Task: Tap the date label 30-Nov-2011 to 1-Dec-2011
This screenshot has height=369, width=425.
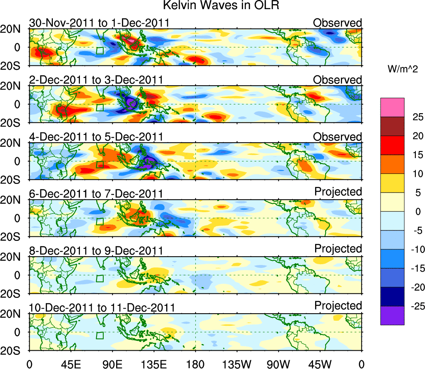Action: [99, 23]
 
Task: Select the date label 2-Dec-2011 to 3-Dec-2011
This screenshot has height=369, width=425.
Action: [96, 80]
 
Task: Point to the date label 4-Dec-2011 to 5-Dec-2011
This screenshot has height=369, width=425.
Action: [96, 137]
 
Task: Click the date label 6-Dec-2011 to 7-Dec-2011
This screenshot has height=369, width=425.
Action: [96, 194]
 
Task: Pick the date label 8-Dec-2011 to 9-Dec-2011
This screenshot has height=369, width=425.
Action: [96, 251]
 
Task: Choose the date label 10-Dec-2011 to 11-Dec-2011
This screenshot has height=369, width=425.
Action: [102, 308]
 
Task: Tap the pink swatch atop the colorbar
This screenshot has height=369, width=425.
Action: [392, 107]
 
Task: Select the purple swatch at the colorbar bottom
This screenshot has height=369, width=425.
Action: [392, 315]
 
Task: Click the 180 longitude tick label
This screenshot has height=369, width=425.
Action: [196, 364]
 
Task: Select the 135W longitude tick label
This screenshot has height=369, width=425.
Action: [237, 364]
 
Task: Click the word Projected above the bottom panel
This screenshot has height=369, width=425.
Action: [338, 306]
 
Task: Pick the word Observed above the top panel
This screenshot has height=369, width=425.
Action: [338, 23]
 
